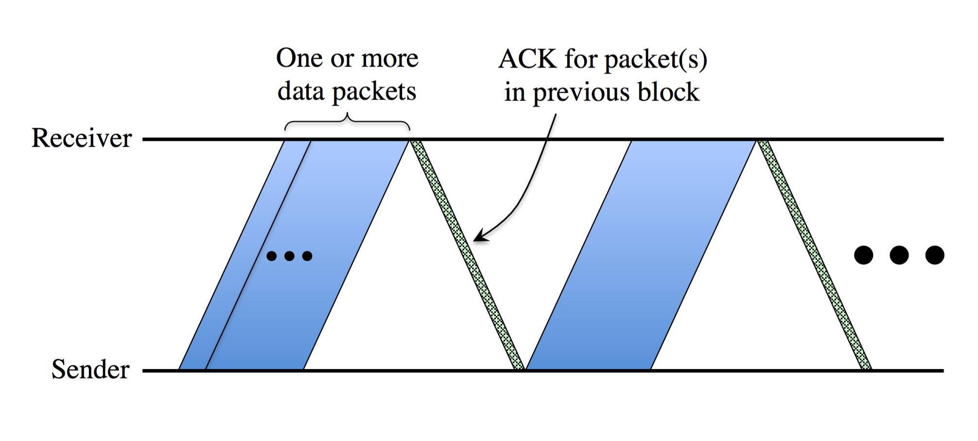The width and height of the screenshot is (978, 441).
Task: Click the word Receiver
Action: coord(82,138)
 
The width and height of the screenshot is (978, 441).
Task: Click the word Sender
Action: coord(90,370)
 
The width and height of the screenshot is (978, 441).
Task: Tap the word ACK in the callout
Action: coord(528,59)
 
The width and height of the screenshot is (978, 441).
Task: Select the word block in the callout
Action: coord(668,92)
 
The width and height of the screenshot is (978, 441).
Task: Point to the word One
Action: coord(299,58)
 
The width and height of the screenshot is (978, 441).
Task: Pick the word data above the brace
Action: coord(301,91)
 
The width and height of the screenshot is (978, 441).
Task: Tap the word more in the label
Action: coord(390,59)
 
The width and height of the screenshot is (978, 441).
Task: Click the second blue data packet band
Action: coord(641,255)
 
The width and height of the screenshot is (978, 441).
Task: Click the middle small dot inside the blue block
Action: coord(289,256)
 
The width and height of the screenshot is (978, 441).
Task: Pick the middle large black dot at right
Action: coord(899,255)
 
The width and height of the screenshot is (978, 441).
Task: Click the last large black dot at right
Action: coord(934,255)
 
